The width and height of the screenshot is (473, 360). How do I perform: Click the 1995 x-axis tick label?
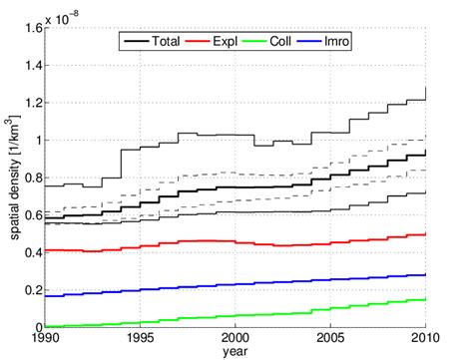point(136,339)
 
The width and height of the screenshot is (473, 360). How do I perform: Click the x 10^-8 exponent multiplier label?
point(58,14)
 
